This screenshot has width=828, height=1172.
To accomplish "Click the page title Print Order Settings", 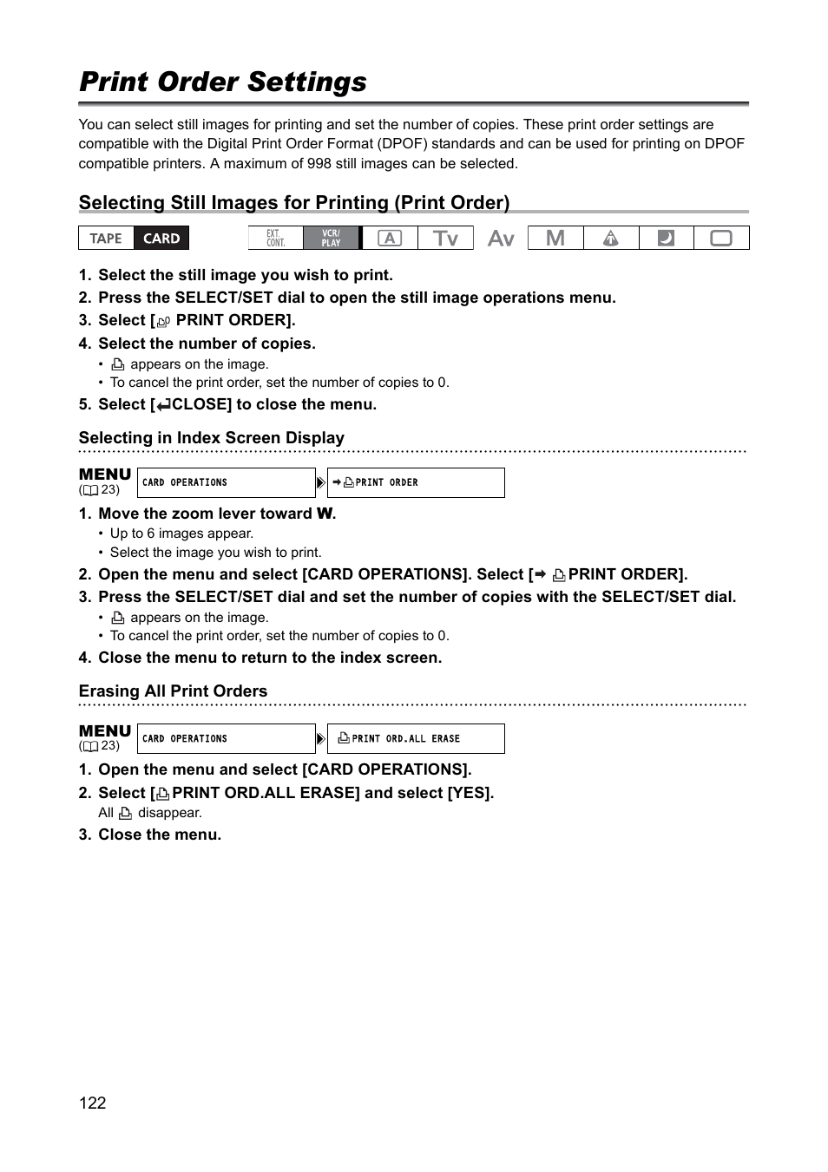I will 222,82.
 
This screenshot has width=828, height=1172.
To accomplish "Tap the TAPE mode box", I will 106,239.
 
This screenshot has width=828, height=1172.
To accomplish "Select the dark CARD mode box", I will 161,239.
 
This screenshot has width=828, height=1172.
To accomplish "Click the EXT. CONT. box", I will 275,239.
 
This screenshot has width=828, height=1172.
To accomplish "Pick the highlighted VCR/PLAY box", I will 332,239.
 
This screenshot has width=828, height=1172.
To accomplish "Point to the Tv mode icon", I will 445,239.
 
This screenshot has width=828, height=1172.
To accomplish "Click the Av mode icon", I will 501,239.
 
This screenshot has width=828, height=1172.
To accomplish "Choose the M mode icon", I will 555,239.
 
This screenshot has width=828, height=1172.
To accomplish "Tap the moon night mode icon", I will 666,239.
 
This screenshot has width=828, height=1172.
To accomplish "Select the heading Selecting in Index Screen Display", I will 211,438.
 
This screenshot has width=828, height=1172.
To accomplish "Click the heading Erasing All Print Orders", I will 173,691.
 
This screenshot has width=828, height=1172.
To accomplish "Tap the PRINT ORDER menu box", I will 416,482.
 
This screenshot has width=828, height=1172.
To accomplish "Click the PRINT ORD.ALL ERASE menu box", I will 416,738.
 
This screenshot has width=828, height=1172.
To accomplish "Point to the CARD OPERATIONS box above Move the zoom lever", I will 226,482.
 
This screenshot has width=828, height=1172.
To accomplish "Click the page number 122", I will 92,1103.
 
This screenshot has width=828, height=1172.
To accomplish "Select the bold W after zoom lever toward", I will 325,514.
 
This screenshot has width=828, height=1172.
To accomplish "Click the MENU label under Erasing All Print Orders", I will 104,731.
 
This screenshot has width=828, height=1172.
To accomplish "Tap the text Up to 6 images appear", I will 181,534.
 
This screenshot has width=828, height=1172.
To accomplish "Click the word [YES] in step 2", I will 469,793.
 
